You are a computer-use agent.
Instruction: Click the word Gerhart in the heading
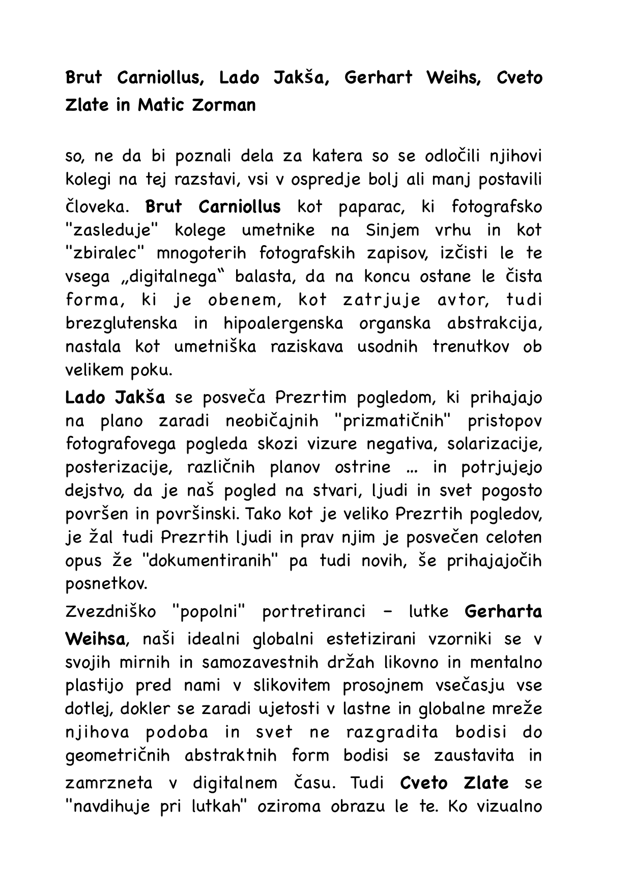(378, 78)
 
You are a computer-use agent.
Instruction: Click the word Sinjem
(392, 230)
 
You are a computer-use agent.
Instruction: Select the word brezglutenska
(122, 323)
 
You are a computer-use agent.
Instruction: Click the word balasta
(261, 277)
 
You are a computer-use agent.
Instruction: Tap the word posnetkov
(106, 584)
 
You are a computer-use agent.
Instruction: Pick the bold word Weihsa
(95, 639)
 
